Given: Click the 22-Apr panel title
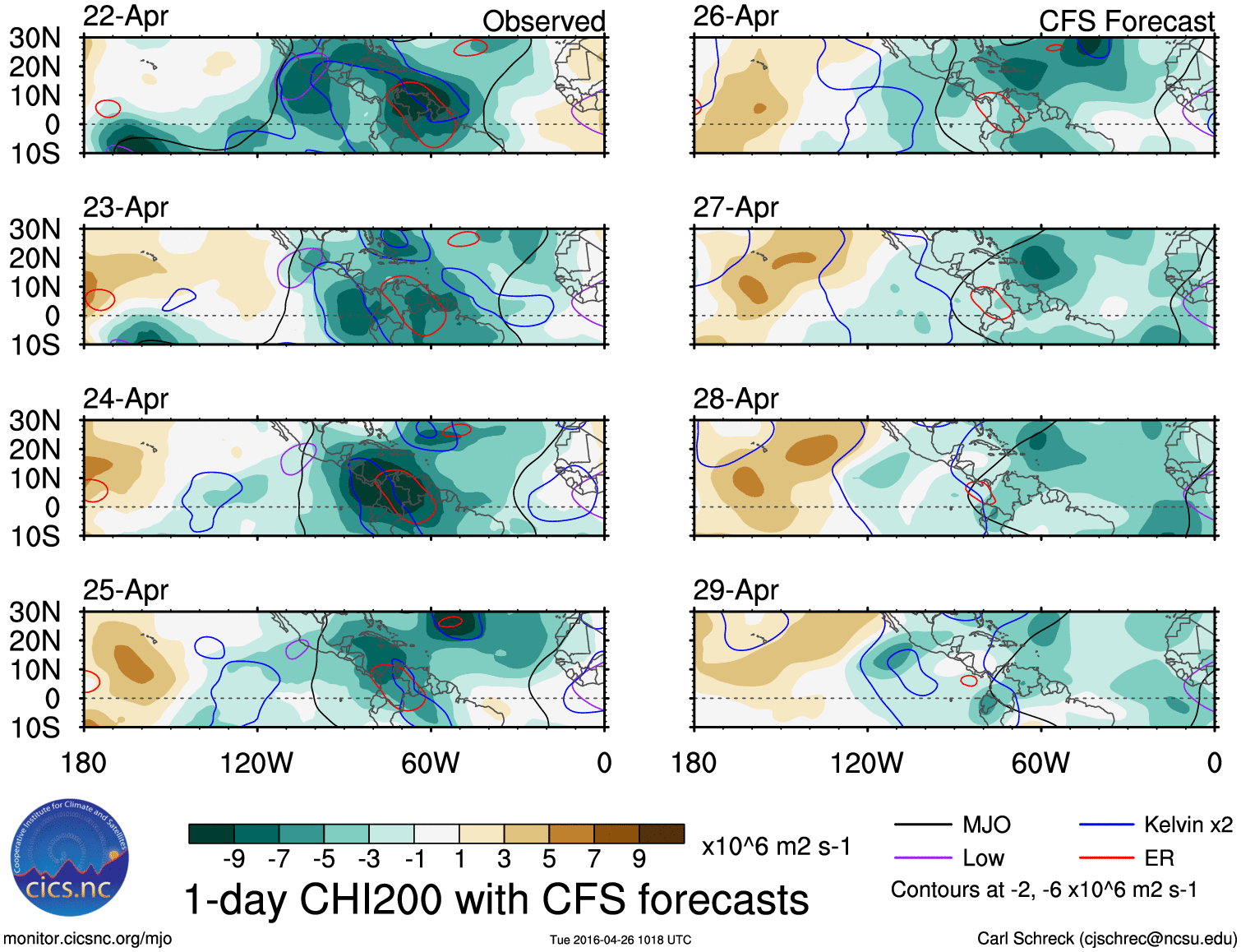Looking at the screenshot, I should click(126, 16).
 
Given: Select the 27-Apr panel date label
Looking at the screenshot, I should click(736, 208).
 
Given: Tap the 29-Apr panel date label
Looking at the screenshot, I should click(736, 590).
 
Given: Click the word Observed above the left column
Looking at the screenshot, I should click(543, 21).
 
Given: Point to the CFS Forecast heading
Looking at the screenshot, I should click(1126, 21).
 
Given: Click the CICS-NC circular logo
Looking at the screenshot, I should click(70, 858).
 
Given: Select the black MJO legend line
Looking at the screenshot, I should click(922, 825).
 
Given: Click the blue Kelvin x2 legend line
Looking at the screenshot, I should click(1106, 825).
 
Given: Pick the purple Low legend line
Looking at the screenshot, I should click(922, 858).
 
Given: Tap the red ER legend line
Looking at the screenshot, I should click(1106, 858).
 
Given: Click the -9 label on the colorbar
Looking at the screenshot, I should click(233, 859).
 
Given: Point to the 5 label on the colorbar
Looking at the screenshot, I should click(549, 859).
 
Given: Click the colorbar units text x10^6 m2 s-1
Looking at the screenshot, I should click(776, 847).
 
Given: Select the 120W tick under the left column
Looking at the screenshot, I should click(256, 763).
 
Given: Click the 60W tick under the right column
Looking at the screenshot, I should click(1040, 763).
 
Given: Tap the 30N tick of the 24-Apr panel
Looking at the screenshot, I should click(35, 421).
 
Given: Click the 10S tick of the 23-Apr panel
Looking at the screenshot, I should click(35, 345).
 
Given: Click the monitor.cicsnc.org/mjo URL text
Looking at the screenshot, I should click(87, 939).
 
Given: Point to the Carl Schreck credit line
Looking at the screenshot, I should click(1106, 939).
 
